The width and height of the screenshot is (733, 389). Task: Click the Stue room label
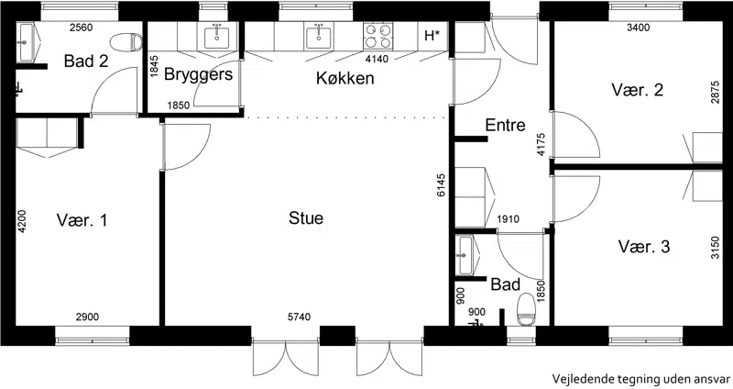pyautogui.click(x=306, y=218)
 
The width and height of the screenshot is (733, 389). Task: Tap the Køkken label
pyautogui.click(x=345, y=78)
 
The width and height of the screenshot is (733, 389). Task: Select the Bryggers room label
pyautogui.click(x=198, y=75)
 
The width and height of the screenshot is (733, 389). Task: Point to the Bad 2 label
pyautogui.click(x=86, y=61)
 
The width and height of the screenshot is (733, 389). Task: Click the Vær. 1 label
pyautogui.click(x=82, y=220)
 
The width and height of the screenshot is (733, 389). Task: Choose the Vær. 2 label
pyautogui.click(x=637, y=89)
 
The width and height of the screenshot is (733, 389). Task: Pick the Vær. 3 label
pyautogui.click(x=644, y=246)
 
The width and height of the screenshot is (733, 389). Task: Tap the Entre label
pyautogui.click(x=505, y=125)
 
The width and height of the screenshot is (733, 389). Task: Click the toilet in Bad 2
pyautogui.click(x=126, y=42)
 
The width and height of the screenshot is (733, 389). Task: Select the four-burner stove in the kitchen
pyautogui.click(x=378, y=36)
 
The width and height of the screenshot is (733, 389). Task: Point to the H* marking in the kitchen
pyautogui.click(x=432, y=36)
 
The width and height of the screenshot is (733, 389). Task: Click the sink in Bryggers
pyautogui.click(x=216, y=37)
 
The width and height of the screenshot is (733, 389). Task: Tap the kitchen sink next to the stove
pyautogui.click(x=319, y=37)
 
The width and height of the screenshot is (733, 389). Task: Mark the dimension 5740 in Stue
pyautogui.click(x=299, y=317)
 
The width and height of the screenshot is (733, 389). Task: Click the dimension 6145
pyautogui.click(x=442, y=185)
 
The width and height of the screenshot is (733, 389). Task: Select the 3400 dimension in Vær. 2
pyautogui.click(x=638, y=28)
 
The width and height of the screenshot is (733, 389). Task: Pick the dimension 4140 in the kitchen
pyautogui.click(x=377, y=59)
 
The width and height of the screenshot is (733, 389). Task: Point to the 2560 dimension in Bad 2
pyautogui.click(x=81, y=28)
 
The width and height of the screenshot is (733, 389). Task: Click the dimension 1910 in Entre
pyautogui.click(x=508, y=218)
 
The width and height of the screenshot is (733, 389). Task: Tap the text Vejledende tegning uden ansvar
pyautogui.click(x=640, y=378)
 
